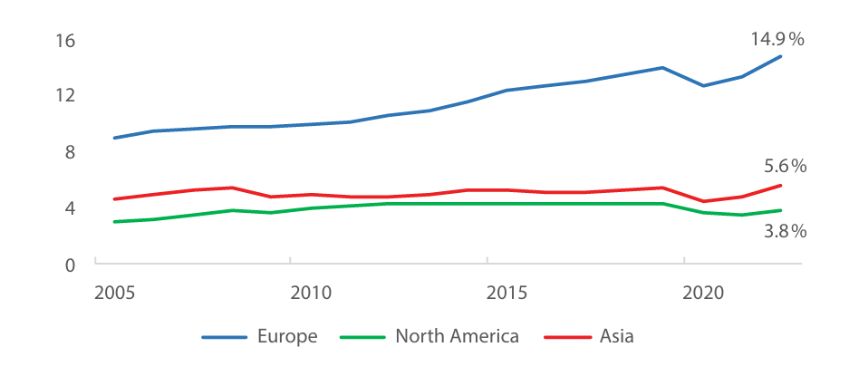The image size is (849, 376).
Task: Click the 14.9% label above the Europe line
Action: [x=777, y=39]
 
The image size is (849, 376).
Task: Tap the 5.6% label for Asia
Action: [x=784, y=166]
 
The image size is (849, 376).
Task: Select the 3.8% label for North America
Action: [x=784, y=231]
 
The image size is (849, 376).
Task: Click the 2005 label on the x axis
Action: [x=114, y=294]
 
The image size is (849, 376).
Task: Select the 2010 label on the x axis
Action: [x=310, y=294]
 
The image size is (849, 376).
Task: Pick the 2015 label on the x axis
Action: [x=507, y=294]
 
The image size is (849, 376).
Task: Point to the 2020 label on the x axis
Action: [x=703, y=294]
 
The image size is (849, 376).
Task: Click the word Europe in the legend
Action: [x=287, y=337]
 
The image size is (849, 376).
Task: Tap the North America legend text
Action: [x=457, y=337]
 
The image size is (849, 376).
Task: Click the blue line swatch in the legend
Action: [x=225, y=337]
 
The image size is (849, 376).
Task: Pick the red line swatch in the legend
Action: [x=567, y=337]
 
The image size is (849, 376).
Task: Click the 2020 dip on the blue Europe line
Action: [x=704, y=86]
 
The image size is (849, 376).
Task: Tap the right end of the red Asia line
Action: [x=780, y=186]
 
